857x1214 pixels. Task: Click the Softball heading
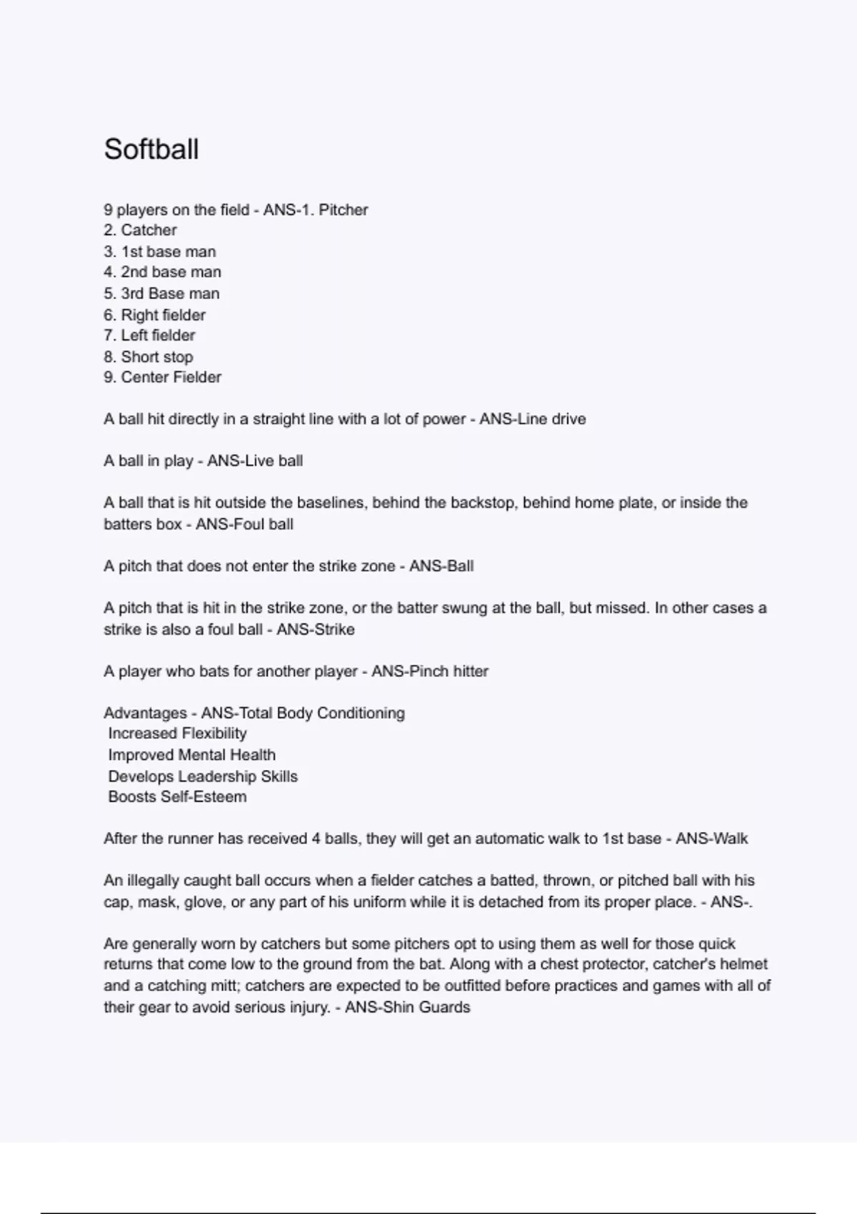pyautogui.click(x=151, y=149)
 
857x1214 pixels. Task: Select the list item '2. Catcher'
pyautogui.click(x=141, y=230)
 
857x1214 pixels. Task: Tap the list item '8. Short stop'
pyautogui.click(x=149, y=356)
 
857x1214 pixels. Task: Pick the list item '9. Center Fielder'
pyautogui.click(x=163, y=377)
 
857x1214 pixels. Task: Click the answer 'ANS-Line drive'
pyautogui.click(x=532, y=419)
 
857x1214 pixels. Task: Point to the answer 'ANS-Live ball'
pyautogui.click(x=255, y=461)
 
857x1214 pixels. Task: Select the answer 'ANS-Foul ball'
pyautogui.click(x=244, y=524)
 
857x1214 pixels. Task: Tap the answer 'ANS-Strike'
pyautogui.click(x=315, y=629)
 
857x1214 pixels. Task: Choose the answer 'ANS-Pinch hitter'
pyautogui.click(x=430, y=671)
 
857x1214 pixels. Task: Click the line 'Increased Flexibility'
pyautogui.click(x=177, y=733)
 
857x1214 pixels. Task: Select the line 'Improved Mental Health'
pyautogui.click(x=191, y=755)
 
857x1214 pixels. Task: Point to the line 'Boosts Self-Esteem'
pyautogui.click(x=177, y=797)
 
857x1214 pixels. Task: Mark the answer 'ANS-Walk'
pyautogui.click(x=711, y=838)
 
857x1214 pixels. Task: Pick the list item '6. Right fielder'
pyautogui.click(x=155, y=315)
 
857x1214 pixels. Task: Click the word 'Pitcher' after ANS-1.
pyautogui.click(x=344, y=210)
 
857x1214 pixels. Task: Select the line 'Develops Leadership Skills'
pyautogui.click(x=203, y=776)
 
